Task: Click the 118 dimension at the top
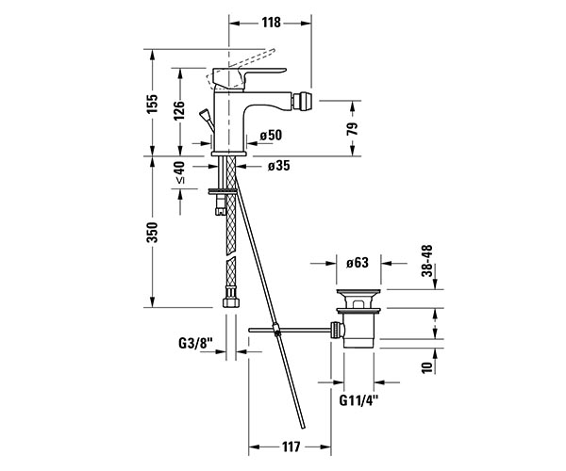[x=271, y=23]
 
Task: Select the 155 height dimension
[x=152, y=104]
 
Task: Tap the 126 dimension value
[x=179, y=110]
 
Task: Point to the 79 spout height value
[x=352, y=129]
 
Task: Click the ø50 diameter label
[x=271, y=135]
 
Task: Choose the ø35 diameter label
[x=278, y=166]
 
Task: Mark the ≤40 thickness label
[x=179, y=172]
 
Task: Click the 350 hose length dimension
[x=152, y=233]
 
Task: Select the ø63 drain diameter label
[x=358, y=263]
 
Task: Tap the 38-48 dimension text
[x=427, y=261]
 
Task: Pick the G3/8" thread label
[x=196, y=344]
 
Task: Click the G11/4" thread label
[x=358, y=400]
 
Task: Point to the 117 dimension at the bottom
[x=291, y=447]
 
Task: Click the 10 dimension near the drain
[x=427, y=367]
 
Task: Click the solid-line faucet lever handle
[x=249, y=77]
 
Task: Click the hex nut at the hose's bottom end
[x=231, y=300]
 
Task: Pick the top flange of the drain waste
[x=358, y=291]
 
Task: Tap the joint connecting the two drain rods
[x=277, y=330]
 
